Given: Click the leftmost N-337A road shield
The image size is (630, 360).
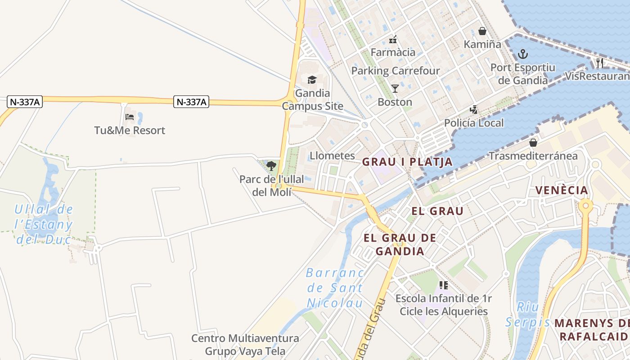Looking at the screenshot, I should (x=25, y=102).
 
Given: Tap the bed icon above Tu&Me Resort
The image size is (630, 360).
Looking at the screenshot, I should (x=130, y=117).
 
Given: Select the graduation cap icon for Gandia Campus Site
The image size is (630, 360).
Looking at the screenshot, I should (x=312, y=80).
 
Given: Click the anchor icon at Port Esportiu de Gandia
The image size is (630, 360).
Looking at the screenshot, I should (x=523, y=54).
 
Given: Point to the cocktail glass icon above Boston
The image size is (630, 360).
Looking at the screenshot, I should (x=395, y=88).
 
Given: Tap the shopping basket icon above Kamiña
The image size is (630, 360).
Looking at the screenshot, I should (x=482, y=31).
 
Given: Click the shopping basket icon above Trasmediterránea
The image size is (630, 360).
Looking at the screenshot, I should (x=533, y=143).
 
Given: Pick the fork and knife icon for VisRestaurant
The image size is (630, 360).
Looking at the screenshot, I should (x=599, y=63).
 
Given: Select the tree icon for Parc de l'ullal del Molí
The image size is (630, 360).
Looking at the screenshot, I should (x=271, y=166).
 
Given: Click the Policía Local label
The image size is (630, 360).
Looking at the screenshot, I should (x=474, y=123).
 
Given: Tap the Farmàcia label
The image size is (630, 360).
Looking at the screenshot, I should (x=393, y=52).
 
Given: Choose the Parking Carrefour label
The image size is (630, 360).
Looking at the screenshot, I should (x=396, y=71).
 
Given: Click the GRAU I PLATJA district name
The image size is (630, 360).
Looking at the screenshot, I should (x=407, y=162).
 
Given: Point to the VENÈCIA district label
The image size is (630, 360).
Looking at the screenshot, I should (x=562, y=190).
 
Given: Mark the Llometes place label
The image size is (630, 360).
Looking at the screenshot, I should (x=332, y=156).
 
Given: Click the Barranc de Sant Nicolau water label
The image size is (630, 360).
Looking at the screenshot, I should (x=335, y=288).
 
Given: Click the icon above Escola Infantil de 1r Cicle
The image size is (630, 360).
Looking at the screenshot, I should (x=444, y=285).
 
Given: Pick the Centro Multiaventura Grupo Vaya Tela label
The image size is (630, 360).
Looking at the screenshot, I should (x=245, y=344).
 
